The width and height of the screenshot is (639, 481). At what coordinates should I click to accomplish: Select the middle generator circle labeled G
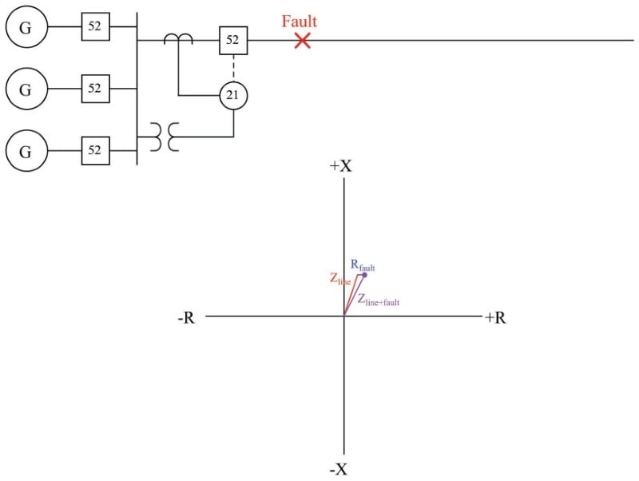click(x=26, y=89)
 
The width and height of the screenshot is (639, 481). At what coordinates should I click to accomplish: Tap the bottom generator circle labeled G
click(x=26, y=150)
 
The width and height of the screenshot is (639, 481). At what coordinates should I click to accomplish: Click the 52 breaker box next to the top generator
click(x=95, y=27)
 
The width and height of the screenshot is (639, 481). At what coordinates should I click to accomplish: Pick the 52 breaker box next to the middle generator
click(x=95, y=89)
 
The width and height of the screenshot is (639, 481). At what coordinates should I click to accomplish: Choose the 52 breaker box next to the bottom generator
click(x=95, y=150)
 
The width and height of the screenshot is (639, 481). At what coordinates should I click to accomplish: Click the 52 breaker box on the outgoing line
click(x=233, y=40)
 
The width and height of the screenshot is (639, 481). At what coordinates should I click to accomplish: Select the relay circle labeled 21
click(x=233, y=96)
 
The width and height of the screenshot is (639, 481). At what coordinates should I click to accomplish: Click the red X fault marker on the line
click(x=302, y=40)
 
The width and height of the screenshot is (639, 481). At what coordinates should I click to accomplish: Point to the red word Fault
click(x=300, y=22)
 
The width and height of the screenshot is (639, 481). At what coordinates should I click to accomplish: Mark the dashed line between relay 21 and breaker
click(x=233, y=68)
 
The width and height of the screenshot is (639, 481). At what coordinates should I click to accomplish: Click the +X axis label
click(x=341, y=166)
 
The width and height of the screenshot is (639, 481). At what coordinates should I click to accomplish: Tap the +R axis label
click(x=494, y=318)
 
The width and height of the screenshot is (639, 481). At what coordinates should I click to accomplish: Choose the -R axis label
click(x=185, y=318)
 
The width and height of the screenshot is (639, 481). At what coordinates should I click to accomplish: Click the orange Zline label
click(x=339, y=280)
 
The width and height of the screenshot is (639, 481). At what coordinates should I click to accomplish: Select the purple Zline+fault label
click(x=379, y=301)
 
